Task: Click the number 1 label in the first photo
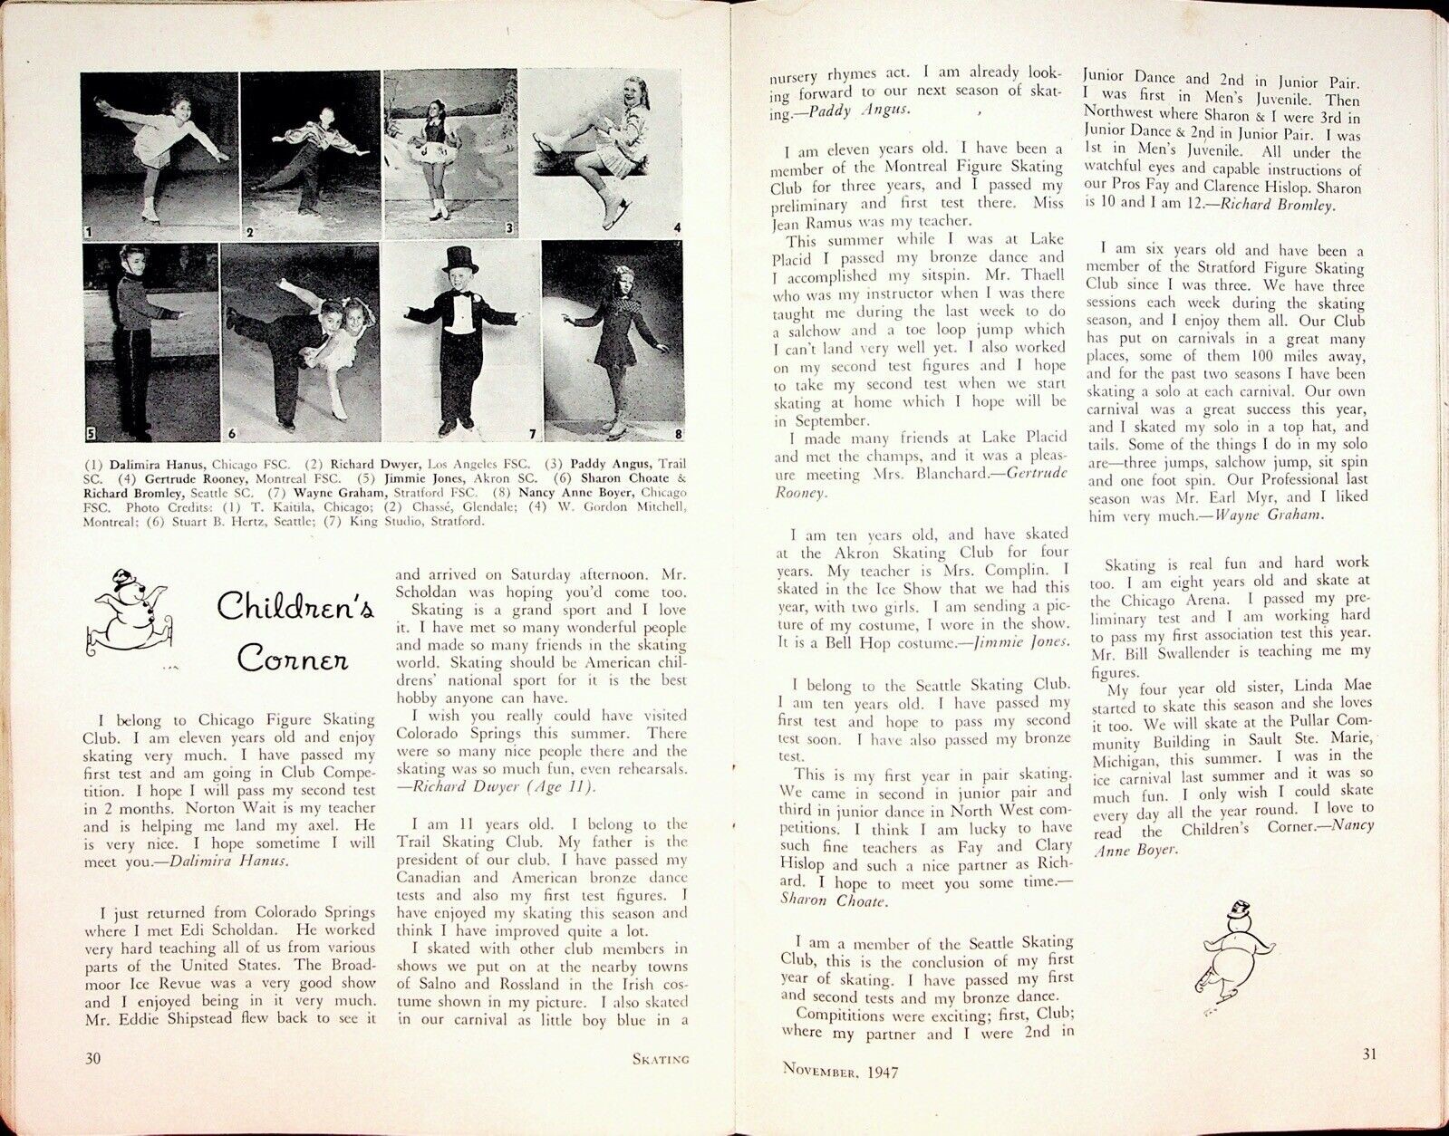pyautogui.click(x=88, y=233)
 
